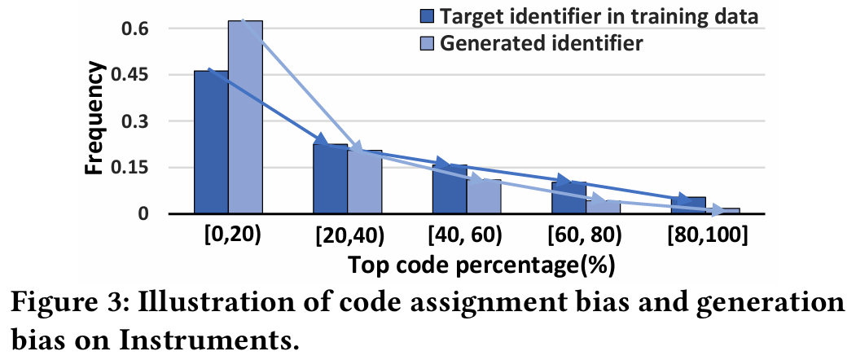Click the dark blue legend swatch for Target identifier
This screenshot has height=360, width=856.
tap(427, 15)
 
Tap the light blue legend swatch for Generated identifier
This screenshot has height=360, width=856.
tap(427, 42)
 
